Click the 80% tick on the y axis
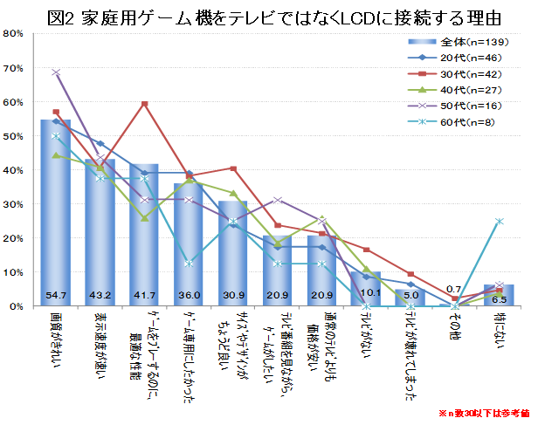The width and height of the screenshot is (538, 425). [15, 34]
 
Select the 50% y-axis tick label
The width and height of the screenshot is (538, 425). [15, 136]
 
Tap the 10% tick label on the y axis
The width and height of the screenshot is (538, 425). [15, 273]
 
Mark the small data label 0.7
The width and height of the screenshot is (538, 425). [455, 289]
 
